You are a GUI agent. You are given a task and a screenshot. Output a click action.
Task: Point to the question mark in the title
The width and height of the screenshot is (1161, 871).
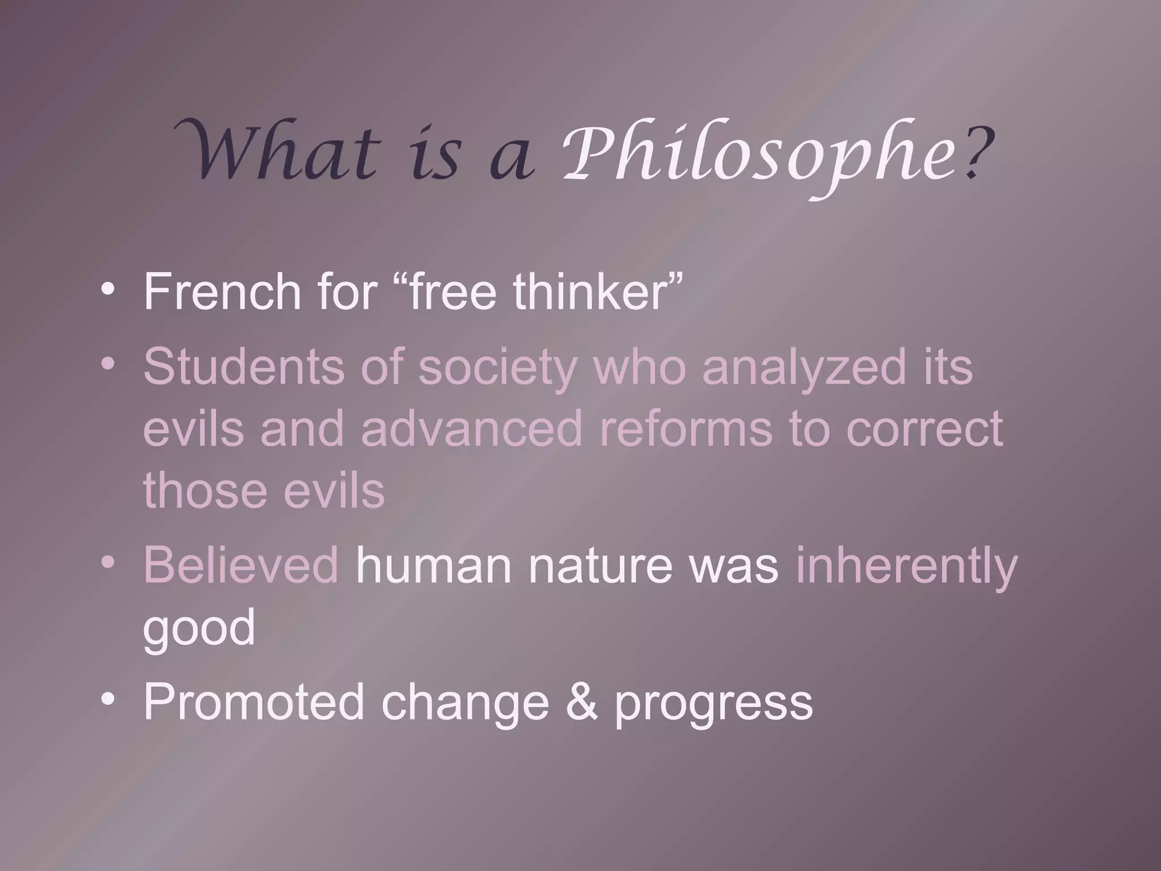[x=977, y=153]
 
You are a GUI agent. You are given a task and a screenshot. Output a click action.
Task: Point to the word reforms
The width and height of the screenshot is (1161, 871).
[x=686, y=428]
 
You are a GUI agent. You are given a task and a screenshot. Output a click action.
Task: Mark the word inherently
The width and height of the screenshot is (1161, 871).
[x=906, y=567]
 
